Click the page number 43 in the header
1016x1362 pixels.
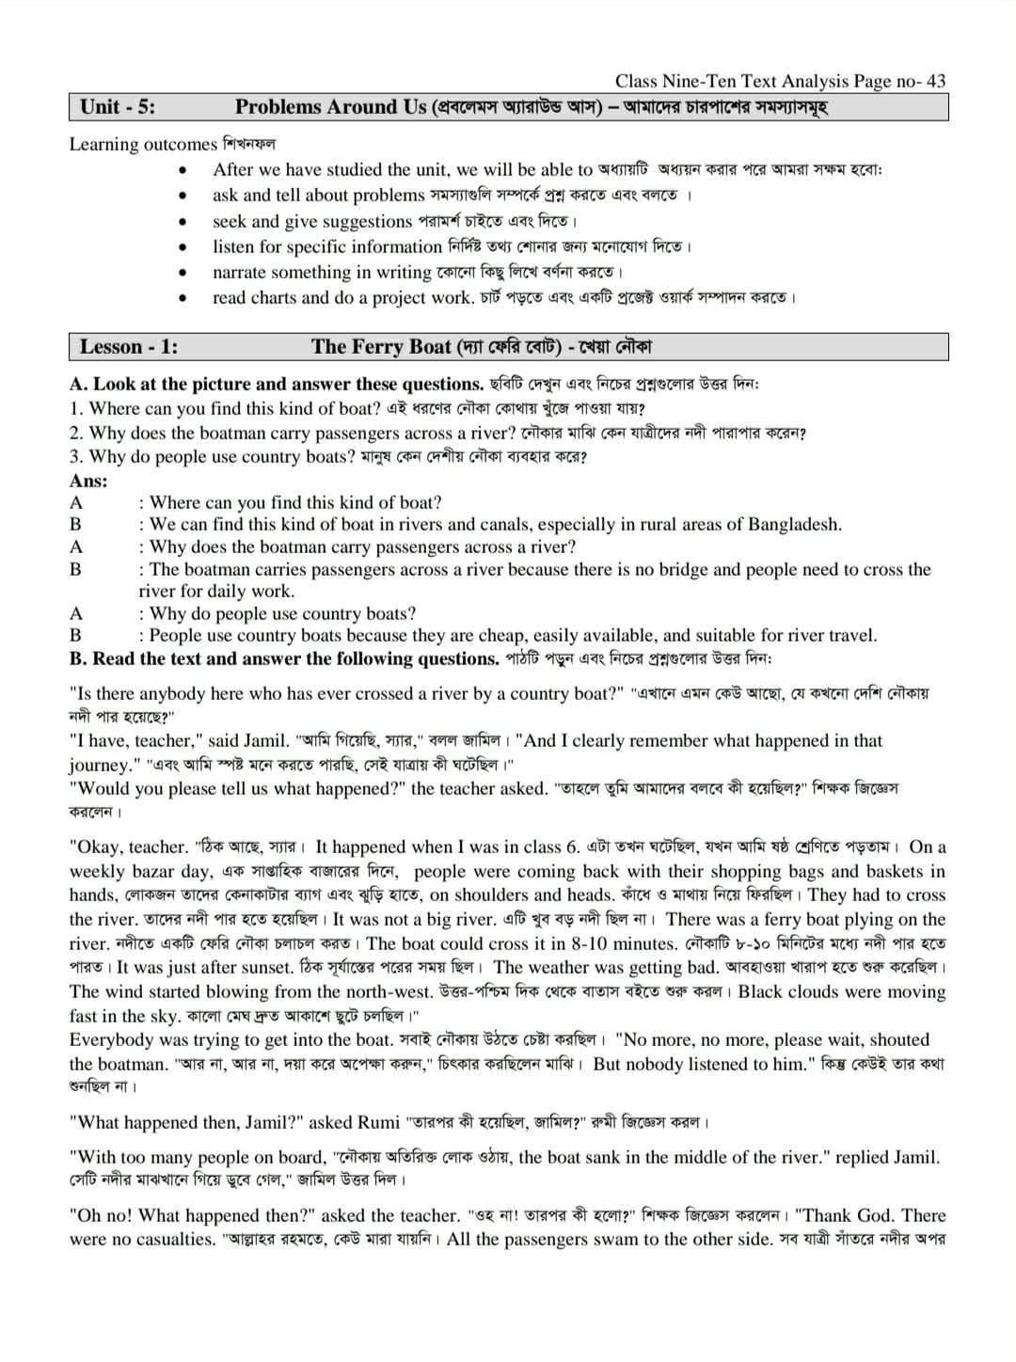point(935,82)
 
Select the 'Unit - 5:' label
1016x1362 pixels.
point(118,107)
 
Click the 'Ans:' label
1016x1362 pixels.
point(88,481)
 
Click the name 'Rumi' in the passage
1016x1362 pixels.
point(379,1122)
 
